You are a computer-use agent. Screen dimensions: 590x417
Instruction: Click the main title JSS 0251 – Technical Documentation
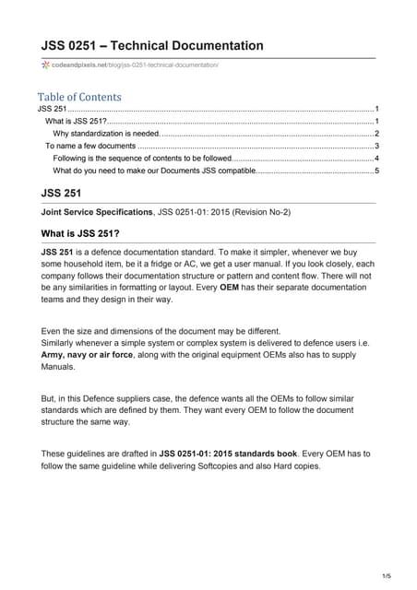152,45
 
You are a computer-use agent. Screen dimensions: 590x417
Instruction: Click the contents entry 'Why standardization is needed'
106,134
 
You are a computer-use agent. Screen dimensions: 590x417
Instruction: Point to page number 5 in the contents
376,171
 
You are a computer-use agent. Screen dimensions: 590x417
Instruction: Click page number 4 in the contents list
376,159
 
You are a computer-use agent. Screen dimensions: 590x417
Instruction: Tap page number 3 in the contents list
376,146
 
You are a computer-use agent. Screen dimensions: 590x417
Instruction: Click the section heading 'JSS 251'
62,194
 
